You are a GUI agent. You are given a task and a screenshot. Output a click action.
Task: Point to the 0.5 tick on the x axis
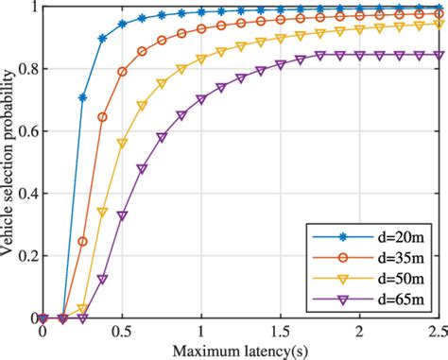click(x=122, y=333)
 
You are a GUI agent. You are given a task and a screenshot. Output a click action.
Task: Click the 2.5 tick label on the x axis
click(x=436, y=333)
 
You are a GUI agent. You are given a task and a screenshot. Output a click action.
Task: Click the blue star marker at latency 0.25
click(x=82, y=97)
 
